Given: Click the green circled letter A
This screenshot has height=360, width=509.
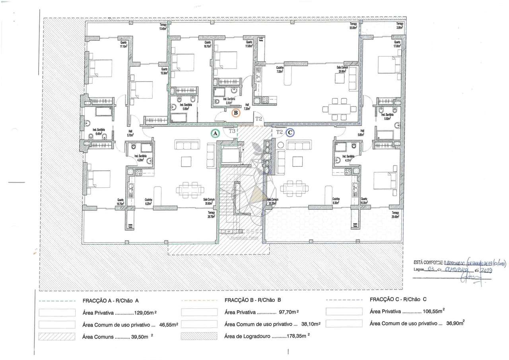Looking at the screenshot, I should click(215, 134).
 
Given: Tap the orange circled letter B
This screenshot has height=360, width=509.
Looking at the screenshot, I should click(236, 113).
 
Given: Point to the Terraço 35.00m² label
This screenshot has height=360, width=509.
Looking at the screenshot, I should click(353, 26).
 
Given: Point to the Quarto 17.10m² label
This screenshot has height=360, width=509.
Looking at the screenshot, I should click(124, 44).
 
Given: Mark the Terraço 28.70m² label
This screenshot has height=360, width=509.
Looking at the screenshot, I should click(211, 214).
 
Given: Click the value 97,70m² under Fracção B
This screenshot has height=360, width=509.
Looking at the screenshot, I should click(287, 312).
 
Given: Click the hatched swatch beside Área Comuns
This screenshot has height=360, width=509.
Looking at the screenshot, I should click(57, 336).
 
